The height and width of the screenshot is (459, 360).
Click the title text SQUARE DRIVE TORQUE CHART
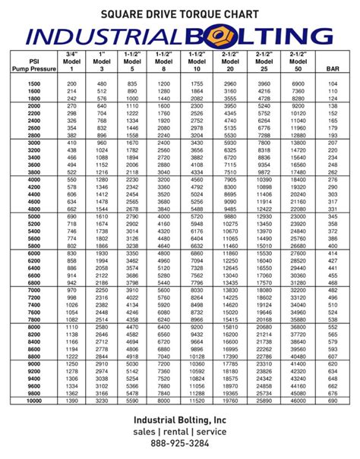180,14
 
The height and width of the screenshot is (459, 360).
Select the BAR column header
332,68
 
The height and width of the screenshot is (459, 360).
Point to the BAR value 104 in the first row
332,82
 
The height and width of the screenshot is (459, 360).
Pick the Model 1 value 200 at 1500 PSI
71,82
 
